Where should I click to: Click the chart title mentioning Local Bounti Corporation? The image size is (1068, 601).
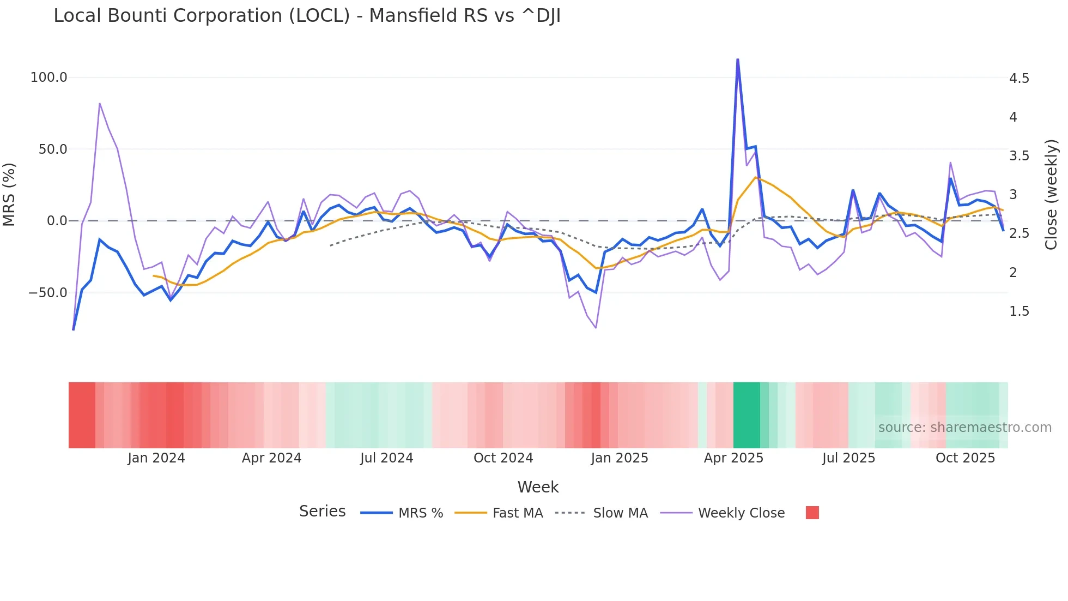tap(307, 16)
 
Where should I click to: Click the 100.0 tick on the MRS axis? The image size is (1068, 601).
tap(48, 77)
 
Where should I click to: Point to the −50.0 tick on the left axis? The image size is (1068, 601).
tap(48, 293)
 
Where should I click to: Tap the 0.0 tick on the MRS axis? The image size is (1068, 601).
tap(57, 221)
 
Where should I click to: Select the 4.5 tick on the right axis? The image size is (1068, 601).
tap(1019, 79)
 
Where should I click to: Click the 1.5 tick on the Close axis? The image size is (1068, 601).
tap(1019, 311)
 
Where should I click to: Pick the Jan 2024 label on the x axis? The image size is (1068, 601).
tap(156, 458)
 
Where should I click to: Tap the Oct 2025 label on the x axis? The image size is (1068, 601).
tap(965, 458)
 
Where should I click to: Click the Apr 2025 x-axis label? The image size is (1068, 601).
tap(733, 458)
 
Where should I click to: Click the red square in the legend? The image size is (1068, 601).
tap(812, 513)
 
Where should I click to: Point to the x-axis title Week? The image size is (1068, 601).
tap(538, 487)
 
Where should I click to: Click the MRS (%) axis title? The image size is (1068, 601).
tap(9, 194)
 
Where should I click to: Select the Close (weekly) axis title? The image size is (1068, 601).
tap(1051, 195)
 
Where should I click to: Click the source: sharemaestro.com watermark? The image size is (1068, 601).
tap(964, 428)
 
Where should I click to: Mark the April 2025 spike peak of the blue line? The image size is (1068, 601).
tap(738, 59)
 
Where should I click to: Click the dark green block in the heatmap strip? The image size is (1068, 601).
tap(747, 415)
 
